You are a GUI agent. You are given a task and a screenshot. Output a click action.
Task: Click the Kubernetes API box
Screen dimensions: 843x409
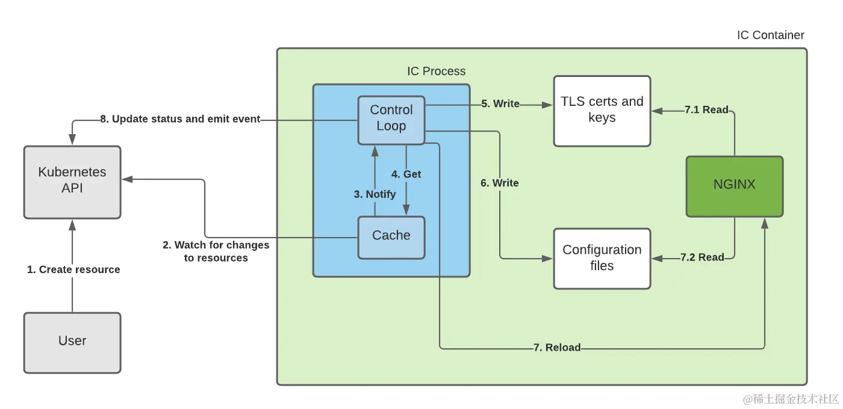pos(72,182)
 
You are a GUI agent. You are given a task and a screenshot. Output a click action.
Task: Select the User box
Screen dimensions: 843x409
pos(72,343)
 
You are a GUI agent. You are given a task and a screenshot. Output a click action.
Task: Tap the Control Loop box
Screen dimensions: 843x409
pos(391,120)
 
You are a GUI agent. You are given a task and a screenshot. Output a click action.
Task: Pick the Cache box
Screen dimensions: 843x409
pos(391,238)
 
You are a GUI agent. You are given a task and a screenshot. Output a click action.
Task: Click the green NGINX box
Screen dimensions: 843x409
pos(735,186)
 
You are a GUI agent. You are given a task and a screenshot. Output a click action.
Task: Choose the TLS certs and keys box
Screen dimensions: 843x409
pos(602,111)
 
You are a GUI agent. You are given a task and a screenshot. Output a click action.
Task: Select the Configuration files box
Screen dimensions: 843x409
pos(602,259)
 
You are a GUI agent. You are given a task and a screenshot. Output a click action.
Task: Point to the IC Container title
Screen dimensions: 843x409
pos(770,35)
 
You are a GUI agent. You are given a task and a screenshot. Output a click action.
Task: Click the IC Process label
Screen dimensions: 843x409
pos(436,71)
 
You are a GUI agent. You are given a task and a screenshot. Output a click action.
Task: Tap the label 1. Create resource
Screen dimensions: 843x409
pos(73,269)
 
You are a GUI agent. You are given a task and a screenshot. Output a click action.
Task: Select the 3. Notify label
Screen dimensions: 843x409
pos(375,194)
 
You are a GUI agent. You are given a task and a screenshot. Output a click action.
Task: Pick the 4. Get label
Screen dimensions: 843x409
pos(406,174)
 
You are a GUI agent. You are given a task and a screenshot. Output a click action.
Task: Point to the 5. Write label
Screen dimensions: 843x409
pos(500,103)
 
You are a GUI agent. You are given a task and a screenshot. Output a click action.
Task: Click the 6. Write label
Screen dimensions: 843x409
pos(499,183)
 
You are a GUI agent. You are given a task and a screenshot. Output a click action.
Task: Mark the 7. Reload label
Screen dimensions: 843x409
pos(557,348)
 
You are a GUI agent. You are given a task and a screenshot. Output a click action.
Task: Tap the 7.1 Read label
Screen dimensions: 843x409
pos(706,109)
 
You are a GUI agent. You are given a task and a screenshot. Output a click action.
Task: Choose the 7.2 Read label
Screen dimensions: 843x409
pos(702,257)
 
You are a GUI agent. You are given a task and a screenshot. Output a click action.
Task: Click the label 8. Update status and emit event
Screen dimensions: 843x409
pos(180,119)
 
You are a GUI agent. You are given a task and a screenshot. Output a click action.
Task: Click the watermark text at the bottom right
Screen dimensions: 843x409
pos(791,399)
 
